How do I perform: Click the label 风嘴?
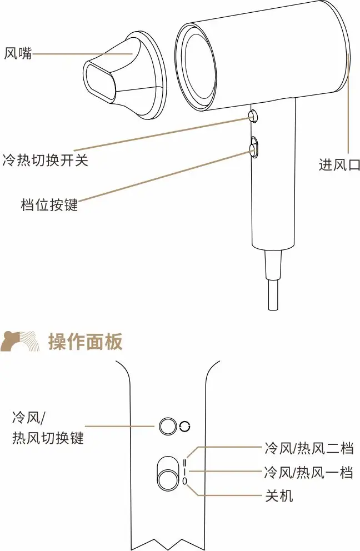[x=18, y=54]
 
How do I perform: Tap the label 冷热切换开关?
[x=46, y=161]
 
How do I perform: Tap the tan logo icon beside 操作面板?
[x=20, y=342]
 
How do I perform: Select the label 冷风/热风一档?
[x=308, y=473]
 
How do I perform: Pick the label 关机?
[x=279, y=495]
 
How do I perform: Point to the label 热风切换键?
[x=48, y=438]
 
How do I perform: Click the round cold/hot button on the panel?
[x=167, y=427]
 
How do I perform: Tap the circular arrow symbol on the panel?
[x=185, y=427]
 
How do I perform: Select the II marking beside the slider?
[x=185, y=460]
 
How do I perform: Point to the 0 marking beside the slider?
[x=185, y=480]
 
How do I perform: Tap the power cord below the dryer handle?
[x=273, y=283]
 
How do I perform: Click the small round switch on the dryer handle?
[x=254, y=116]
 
